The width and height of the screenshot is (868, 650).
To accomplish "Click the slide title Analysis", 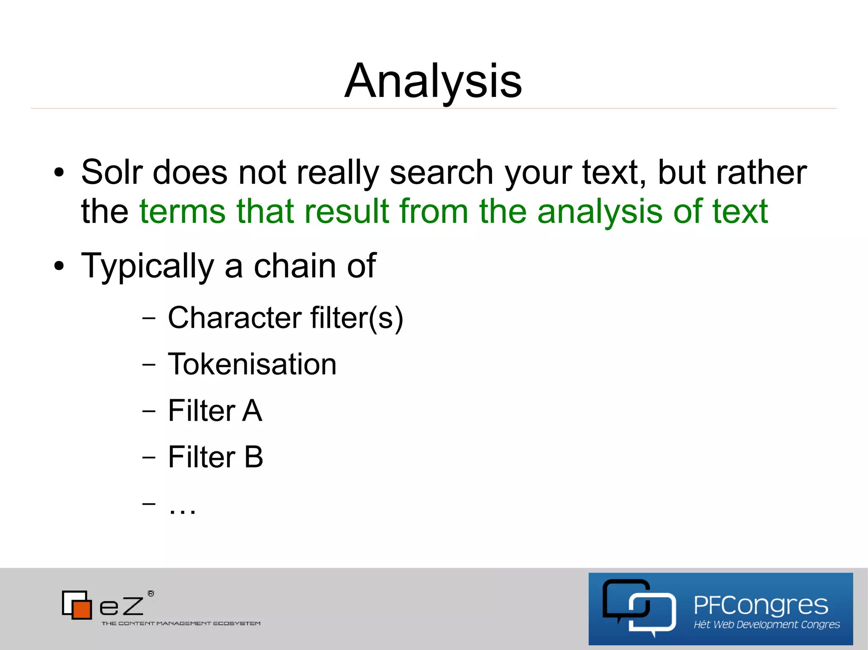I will pos(433,80).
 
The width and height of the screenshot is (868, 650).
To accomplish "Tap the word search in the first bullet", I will pos(441,173).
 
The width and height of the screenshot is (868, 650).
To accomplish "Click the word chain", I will pos(295,266).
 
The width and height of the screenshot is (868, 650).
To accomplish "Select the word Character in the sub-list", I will pos(235,318).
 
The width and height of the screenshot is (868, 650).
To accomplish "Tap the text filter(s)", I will pos(356,318).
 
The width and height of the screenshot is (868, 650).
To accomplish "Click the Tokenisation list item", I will pos(252,364).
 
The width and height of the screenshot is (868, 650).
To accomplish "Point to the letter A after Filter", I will pos(252,410).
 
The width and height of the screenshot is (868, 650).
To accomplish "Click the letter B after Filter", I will pos(253,457).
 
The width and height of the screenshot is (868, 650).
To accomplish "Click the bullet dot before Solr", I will pos(59,172).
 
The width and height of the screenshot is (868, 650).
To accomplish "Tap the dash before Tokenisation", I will pos(149,364).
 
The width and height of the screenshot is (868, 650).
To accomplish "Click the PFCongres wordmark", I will pos(760,605).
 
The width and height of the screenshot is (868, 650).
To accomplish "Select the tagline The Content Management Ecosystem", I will pos(181,623).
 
